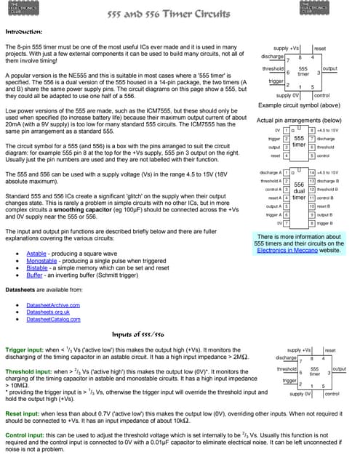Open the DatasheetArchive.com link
[53, 305]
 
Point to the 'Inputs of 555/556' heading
[137, 334]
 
